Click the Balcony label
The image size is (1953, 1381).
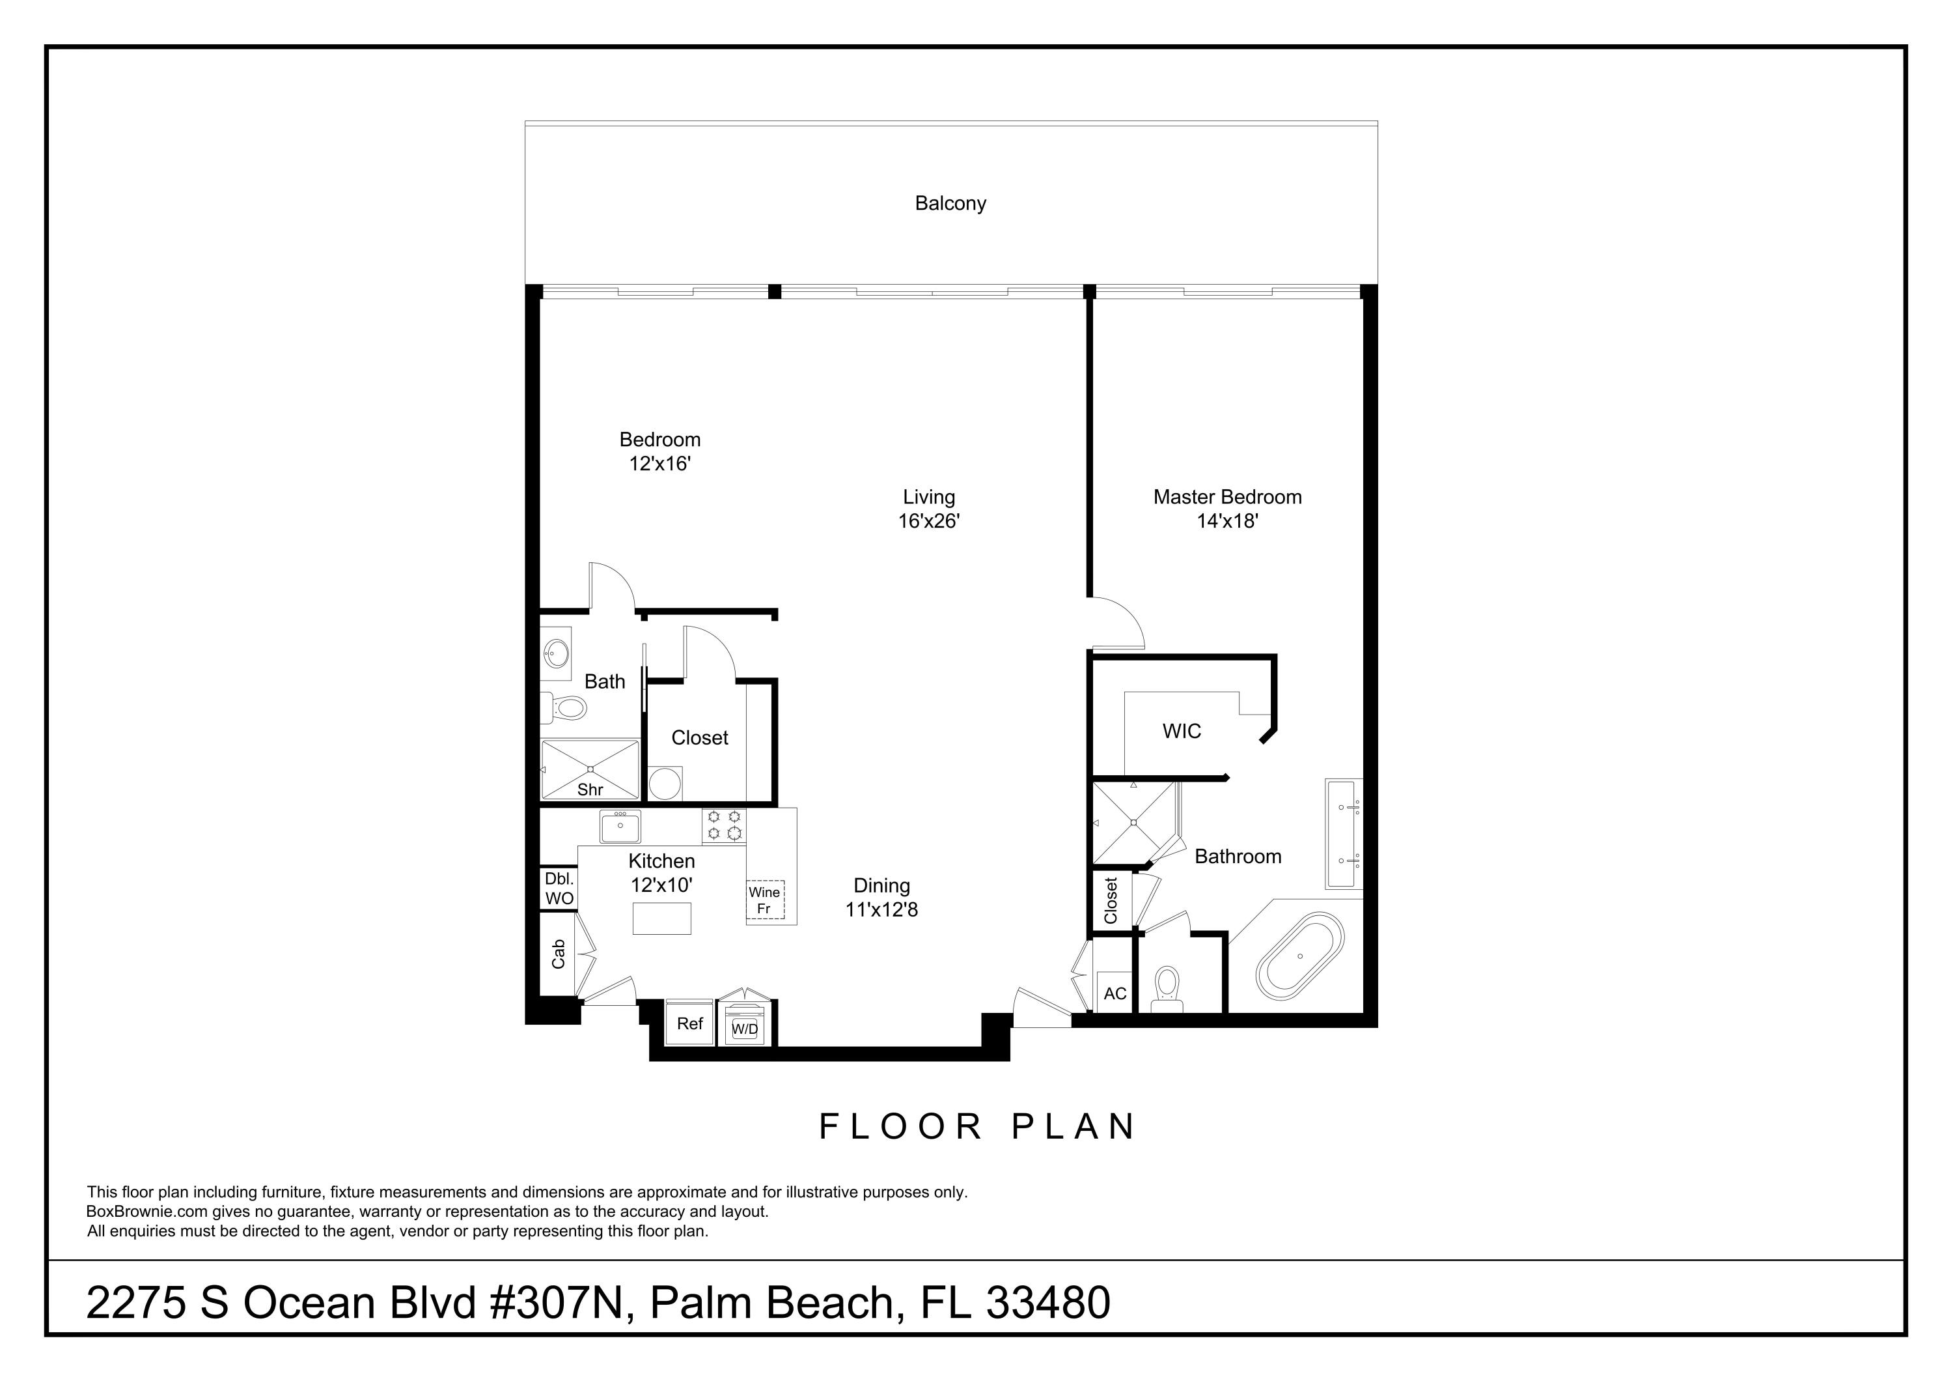tap(950, 203)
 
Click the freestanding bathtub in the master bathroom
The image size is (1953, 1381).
tap(1300, 956)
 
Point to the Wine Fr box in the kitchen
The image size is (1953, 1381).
tap(764, 900)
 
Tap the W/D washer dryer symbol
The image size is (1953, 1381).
tap(745, 1028)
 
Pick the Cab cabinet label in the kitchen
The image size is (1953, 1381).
tap(559, 954)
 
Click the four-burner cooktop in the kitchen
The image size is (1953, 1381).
tap(724, 825)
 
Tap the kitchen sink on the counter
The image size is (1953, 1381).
tap(620, 826)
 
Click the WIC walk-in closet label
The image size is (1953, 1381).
tap(1182, 731)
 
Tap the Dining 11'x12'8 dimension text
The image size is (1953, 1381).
tap(881, 909)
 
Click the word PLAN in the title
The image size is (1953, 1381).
tap(1073, 1126)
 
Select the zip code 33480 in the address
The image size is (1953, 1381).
tap(1048, 1303)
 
